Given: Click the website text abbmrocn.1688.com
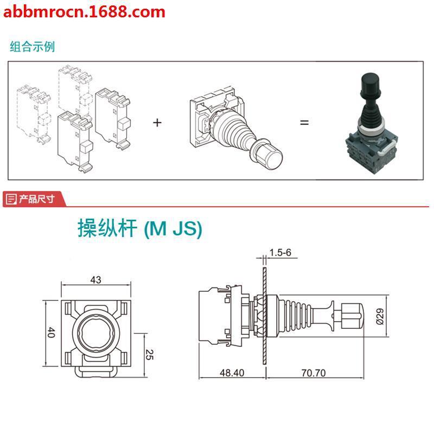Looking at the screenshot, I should click(x=84, y=11).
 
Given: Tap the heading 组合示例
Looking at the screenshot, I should click(x=33, y=46).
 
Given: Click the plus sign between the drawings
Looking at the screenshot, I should click(x=157, y=123).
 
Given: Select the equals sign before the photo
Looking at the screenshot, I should click(x=304, y=123).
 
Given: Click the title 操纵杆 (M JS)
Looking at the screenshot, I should click(x=140, y=229).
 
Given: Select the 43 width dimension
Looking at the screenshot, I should click(x=96, y=280).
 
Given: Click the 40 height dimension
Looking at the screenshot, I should click(x=51, y=333).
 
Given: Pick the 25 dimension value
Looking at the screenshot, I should click(x=151, y=355).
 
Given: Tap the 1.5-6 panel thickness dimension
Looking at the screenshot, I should click(x=280, y=253).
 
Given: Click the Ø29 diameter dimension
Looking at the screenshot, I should click(x=380, y=315).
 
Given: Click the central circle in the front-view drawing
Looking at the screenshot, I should click(x=96, y=332).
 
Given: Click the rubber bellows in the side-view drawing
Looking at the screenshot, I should click(x=295, y=315).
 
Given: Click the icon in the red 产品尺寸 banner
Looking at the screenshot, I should click(x=11, y=200).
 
